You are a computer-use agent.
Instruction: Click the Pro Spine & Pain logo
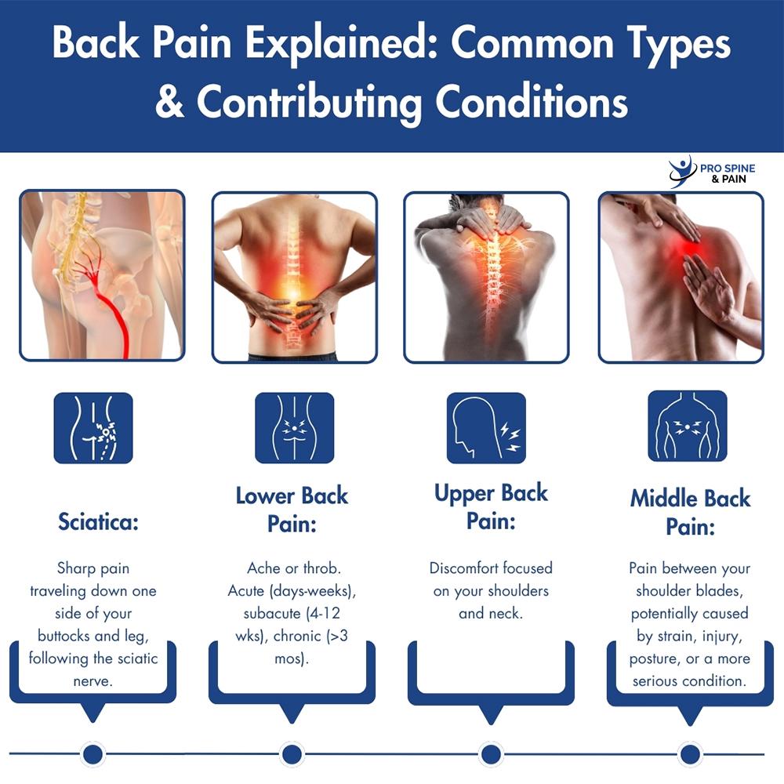tap(708, 171)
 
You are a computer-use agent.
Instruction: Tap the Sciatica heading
tap(98, 522)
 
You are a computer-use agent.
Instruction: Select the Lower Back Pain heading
tap(292, 509)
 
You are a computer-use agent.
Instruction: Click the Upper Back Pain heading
tap(491, 506)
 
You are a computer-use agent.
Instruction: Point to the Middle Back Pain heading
tap(690, 512)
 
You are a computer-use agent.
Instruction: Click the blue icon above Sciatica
tap(93, 427)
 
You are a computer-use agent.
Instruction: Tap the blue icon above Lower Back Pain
tap(294, 427)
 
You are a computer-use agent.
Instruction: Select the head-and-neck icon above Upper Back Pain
tap(486, 427)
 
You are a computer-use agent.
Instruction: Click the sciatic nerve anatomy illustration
tap(102, 275)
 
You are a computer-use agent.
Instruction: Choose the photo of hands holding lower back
tap(294, 277)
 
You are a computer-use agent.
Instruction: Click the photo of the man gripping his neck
tap(486, 277)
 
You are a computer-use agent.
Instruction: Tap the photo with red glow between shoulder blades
tap(681, 277)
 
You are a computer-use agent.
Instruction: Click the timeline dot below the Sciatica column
tap(93, 754)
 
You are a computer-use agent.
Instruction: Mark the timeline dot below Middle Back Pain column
tap(690, 754)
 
